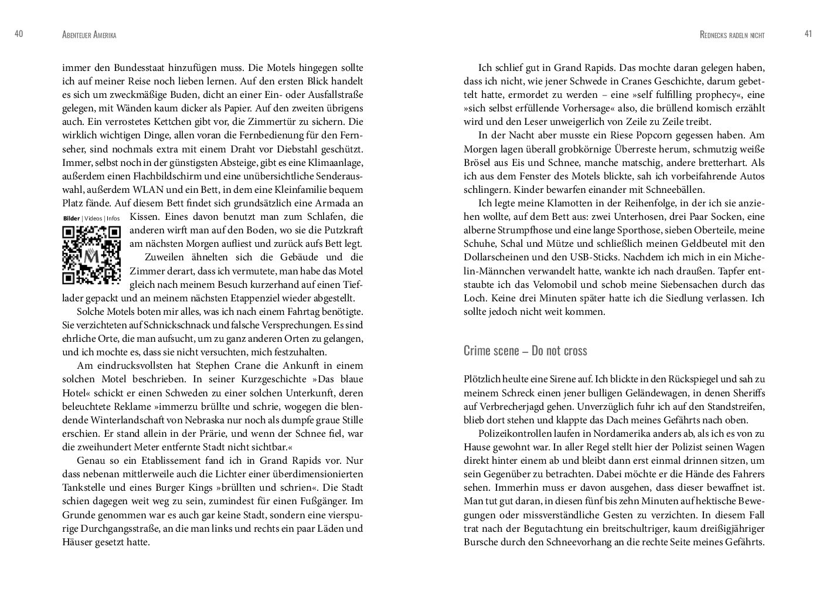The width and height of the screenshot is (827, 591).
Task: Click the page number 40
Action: pos(18,35)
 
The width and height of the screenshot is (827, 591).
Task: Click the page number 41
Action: pos(808,35)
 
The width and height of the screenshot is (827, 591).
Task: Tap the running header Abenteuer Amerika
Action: pos(89,35)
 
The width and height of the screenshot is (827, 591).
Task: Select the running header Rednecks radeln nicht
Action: pos(732,35)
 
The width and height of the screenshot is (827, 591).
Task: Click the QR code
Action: pos(91,255)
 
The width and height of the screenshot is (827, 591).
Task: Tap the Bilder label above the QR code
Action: pos(71,219)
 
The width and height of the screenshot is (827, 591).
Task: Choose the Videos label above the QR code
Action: pos(93,219)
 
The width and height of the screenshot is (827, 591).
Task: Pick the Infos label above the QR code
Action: pos(113,219)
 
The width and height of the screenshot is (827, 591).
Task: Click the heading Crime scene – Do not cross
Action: pos(525,351)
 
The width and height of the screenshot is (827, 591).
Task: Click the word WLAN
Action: pos(156,190)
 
